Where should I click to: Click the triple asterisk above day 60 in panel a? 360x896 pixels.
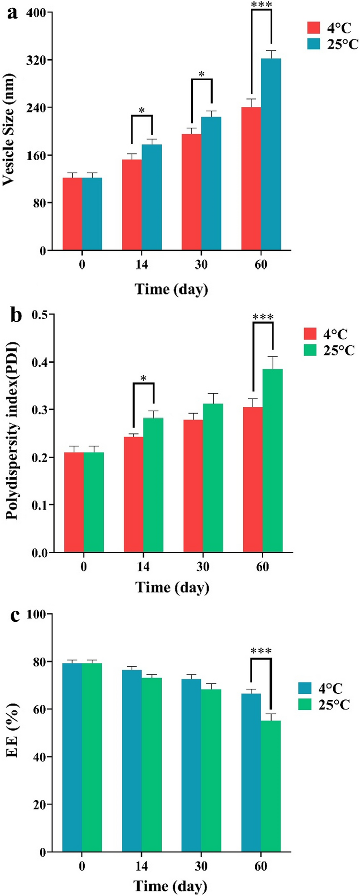coord(261,6)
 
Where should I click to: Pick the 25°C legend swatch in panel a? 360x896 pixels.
coord(314,44)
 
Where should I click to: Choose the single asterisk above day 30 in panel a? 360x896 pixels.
coord(201,74)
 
